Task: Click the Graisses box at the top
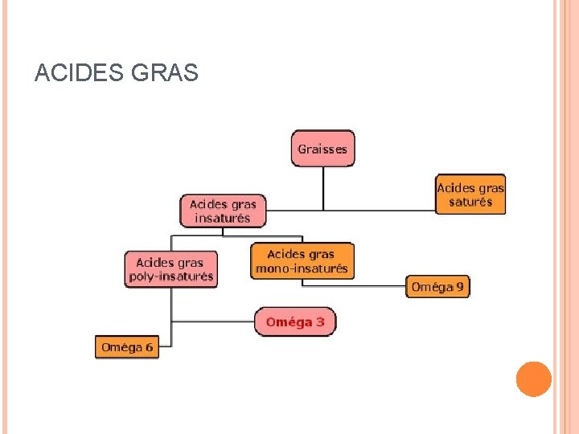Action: (x=322, y=149)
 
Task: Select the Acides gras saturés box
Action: (x=470, y=194)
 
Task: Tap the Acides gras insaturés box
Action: (x=223, y=211)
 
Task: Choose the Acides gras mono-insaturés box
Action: (x=302, y=261)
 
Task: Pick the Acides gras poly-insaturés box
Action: (x=171, y=269)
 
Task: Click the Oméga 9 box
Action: (x=437, y=286)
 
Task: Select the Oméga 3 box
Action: (x=295, y=322)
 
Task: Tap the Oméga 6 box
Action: (x=127, y=347)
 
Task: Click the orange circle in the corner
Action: (x=534, y=379)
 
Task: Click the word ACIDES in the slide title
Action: (x=76, y=75)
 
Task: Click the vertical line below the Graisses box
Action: (x=323, y=189)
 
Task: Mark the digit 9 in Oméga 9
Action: (x=460, y=286)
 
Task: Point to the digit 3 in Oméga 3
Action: (x=320, y=322)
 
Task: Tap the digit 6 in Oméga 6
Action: (x=149, y=347)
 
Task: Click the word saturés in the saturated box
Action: (x=470, y=202)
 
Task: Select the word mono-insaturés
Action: (x=302, y=268)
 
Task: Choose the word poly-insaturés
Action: (x=171, y=276)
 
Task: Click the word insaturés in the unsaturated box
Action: (x=223, y=218)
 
